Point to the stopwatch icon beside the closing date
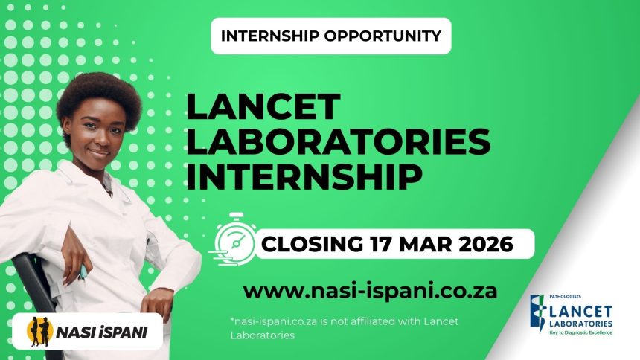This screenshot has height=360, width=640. pyautogui.click(x=234, y=238)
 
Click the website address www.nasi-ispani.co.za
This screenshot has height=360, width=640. pyautogui.click(x=370, y=289)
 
